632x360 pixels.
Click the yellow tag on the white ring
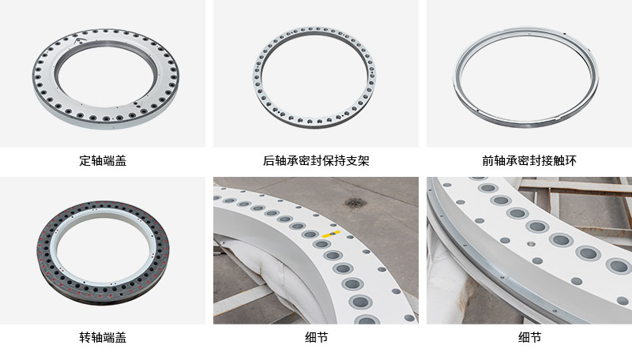331,234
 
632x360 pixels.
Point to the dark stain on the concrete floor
354,203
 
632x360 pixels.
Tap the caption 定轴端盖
103,161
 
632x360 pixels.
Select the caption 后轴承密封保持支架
316,161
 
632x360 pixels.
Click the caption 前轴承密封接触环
529,161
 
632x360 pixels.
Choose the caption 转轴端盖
103,337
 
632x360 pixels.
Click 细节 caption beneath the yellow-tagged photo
317,337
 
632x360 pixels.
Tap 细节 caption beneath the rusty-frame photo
529,337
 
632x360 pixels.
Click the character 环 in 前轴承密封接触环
570,161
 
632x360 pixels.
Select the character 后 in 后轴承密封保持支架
269,161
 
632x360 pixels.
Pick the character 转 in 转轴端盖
85,337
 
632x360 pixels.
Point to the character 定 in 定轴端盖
85,161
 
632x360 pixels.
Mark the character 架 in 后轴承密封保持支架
363,161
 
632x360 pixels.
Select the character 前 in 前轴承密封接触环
488,161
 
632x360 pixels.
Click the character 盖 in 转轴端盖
121,337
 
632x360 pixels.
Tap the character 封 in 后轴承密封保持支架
317,161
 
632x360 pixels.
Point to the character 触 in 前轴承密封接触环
559,161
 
